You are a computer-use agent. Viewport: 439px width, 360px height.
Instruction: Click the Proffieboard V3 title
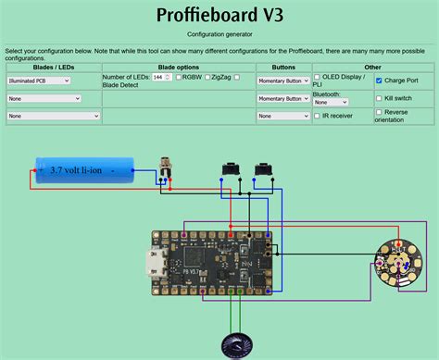[219, 16]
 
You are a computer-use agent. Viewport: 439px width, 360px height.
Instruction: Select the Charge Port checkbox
[379, 81]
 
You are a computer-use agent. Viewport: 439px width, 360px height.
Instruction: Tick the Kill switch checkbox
[379, 98]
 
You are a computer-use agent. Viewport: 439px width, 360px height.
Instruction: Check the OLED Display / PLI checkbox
[318, 78]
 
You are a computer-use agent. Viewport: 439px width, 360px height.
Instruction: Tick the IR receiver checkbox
[318, 116]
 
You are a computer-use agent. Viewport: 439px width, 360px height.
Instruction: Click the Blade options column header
[178, 67]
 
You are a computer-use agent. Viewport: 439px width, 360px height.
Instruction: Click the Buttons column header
[282, 67]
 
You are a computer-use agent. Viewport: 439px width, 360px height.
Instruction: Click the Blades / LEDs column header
[53, 67]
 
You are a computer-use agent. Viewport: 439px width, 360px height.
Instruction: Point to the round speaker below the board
[234, 346]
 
